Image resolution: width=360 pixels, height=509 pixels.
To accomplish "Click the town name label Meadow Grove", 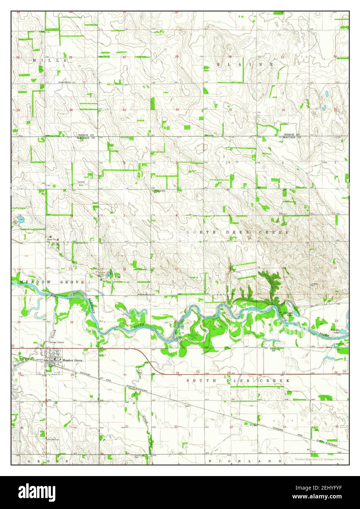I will click(x=73, y=360).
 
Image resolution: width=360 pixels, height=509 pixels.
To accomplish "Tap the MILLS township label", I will click(x=49, y=60).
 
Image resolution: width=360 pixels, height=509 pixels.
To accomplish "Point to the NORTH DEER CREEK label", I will click(x=237, y=233).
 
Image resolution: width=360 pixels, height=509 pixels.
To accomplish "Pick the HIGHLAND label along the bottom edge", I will click(x=245, y=461).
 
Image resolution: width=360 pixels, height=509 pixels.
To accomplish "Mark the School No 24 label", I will click(x=64, y=82).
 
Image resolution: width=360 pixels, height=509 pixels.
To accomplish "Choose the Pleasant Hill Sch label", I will click(x=160, y=191).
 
